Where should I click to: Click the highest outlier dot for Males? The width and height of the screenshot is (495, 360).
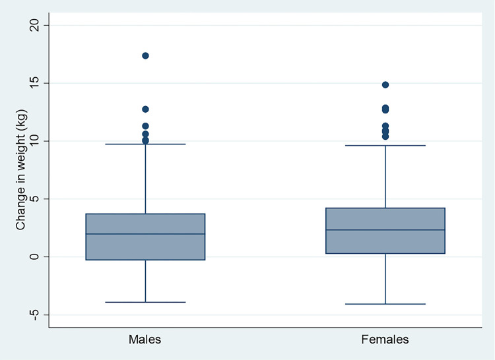pyautogui.click(x=145, y=55)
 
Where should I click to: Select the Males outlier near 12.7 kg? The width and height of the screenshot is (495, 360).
pyautogui.click(x=145, y=109)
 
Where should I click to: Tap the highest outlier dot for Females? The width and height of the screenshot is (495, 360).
pyautogui.click(x=385, y=85)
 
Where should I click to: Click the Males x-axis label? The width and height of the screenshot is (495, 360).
pyautogui.click(x=145, y=340)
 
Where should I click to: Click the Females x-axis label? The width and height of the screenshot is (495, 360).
pyautogui.click(x=385, y=340)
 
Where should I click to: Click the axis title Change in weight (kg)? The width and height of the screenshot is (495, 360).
pyautogui.click(x=20, y=170)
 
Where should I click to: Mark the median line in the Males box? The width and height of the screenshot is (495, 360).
pyautogui.click(x=145, y=234)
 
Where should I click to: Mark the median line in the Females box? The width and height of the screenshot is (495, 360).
pyautogui.click(x=385, y=230)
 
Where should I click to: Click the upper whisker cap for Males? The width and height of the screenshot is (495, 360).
pyautogui.click(x=145, y=144)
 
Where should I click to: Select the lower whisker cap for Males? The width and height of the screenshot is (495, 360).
pyautogui.click(x=145, y=302)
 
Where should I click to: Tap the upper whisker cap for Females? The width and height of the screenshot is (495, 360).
pyautogui.click(x=385, y=145)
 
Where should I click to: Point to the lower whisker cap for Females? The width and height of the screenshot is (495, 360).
pyautogui.click(x=385, y=304)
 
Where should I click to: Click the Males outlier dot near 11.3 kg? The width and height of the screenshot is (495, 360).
pyautogui.click(x=145, y=126)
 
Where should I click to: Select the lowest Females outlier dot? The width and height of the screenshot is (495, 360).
pyautogui.click(x=385, y=136)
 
